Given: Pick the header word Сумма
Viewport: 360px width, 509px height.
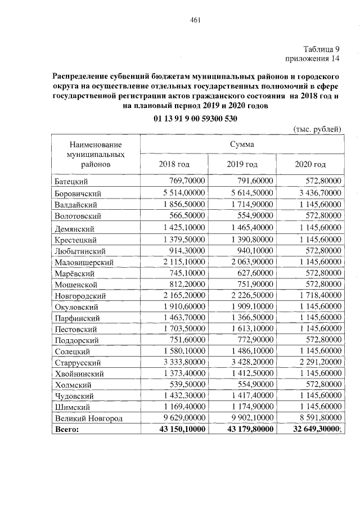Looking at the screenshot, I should pyautogui.click(x=241, y=144).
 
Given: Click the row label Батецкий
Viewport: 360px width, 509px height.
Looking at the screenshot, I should pyautogui.click(x=73, y=182).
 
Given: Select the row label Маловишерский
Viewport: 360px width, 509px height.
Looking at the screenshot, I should pyautogui.click(x=84, y=262).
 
